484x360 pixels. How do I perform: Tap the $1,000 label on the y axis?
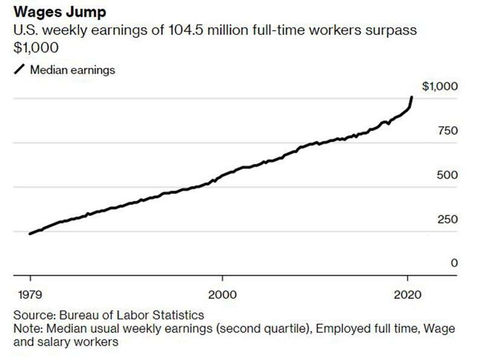[440, 87]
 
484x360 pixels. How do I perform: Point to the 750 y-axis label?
[446, 131]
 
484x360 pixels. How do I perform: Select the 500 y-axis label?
[446, 175]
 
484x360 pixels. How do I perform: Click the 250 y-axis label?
[446, 219]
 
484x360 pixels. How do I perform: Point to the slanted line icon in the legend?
[19, 70]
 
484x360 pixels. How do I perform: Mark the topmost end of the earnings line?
[412, 97]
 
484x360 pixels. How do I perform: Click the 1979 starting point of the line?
[30, 234]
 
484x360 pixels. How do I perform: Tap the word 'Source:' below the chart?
[34, 315]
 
